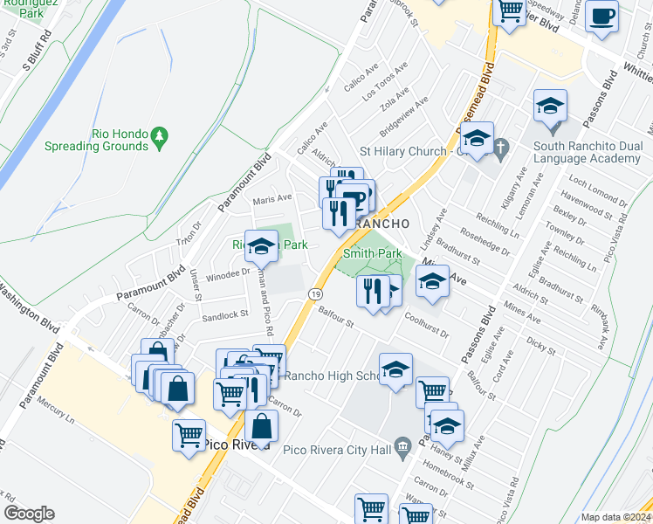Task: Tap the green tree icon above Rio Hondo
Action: (158, 136)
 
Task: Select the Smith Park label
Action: (372, 253)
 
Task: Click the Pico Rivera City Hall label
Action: (337, 451)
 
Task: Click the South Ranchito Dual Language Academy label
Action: (587, 153)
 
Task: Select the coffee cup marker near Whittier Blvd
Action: (602, 17)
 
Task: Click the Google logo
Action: (28, 513)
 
